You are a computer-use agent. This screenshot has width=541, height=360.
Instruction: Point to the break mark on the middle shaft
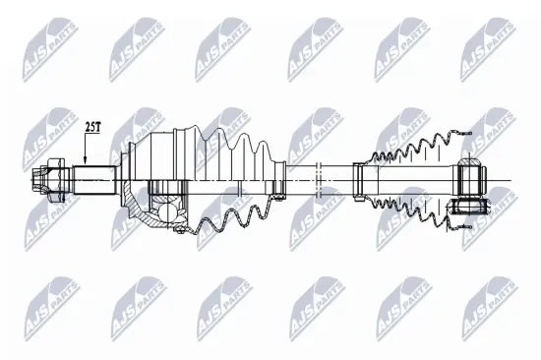tap(317, 178)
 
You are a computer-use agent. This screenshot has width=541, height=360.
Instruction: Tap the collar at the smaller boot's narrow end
tap(361, 178)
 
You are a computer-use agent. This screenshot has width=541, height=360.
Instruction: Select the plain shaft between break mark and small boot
tap(337, 178)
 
